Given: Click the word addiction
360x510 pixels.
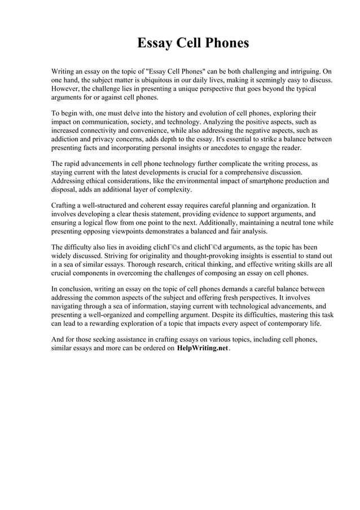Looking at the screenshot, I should coord(67,138).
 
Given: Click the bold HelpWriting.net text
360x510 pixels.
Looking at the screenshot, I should coord(203,348).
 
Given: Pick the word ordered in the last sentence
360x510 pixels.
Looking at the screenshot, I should coord(150,348).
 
